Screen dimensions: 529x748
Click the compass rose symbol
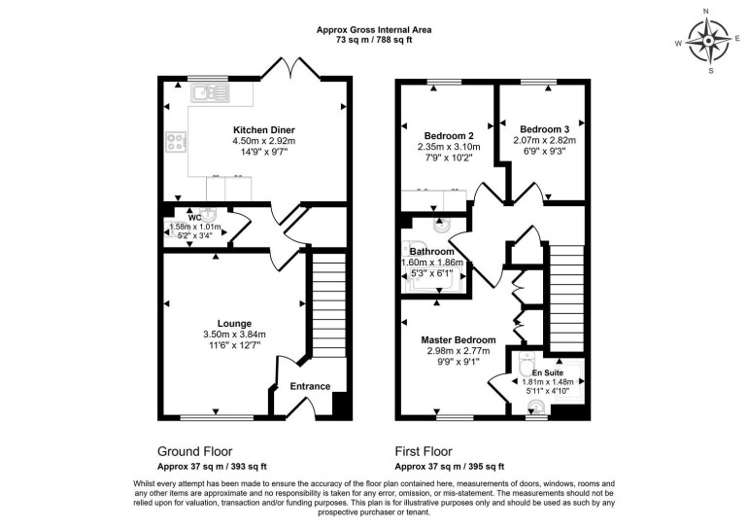709,40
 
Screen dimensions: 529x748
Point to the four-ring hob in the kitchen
177,141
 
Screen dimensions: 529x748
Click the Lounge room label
235,324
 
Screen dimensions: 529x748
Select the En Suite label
546,371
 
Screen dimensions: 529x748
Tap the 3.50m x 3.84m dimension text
235,335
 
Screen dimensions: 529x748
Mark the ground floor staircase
327,301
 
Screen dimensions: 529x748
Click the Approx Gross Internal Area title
374,30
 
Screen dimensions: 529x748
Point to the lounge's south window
208,418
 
